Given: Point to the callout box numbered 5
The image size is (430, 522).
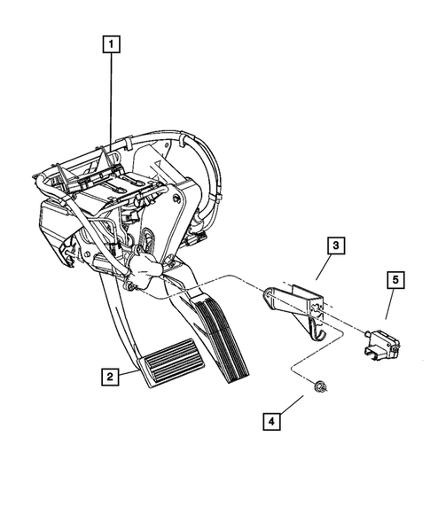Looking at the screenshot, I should [x=396, y=281].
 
